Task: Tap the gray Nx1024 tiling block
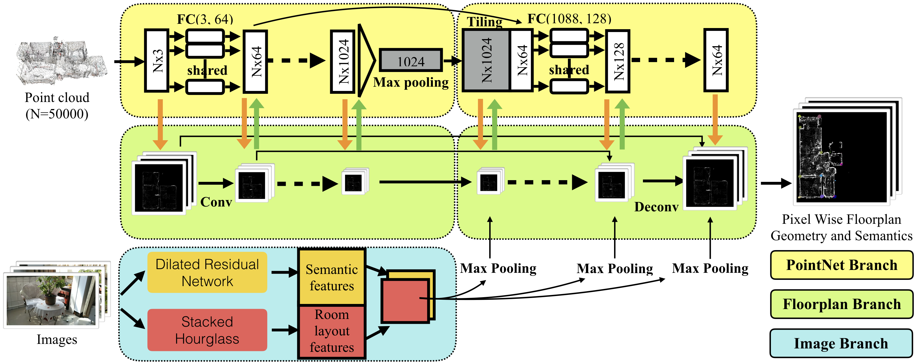pos(486,60)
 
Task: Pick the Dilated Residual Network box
pos(207,272)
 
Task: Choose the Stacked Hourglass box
pos(207,330)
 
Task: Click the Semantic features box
pos(332,277)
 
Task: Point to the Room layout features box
pos(332,331)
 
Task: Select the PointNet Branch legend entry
pos(841,265)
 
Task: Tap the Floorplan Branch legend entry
pos(841,304)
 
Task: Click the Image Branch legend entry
pos(841,343)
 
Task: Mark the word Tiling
pos(484,22)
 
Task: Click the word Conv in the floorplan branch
pos(216,202)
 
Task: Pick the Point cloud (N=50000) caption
pos(57,106)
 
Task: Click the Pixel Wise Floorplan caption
pos(841,227)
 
